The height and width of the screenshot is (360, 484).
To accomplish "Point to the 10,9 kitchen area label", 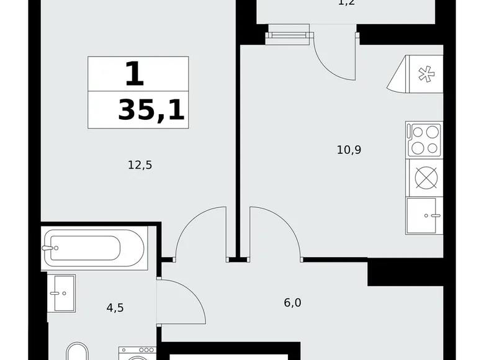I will click(x=349, y=149).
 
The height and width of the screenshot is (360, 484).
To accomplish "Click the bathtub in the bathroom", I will click(x=94, y=249).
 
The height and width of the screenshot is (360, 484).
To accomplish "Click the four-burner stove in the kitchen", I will click(x=424, y=140).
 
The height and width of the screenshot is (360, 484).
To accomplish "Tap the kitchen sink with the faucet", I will click(x=424, y=215).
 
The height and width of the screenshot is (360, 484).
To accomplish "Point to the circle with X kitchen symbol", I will click(x=424, y=178).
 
